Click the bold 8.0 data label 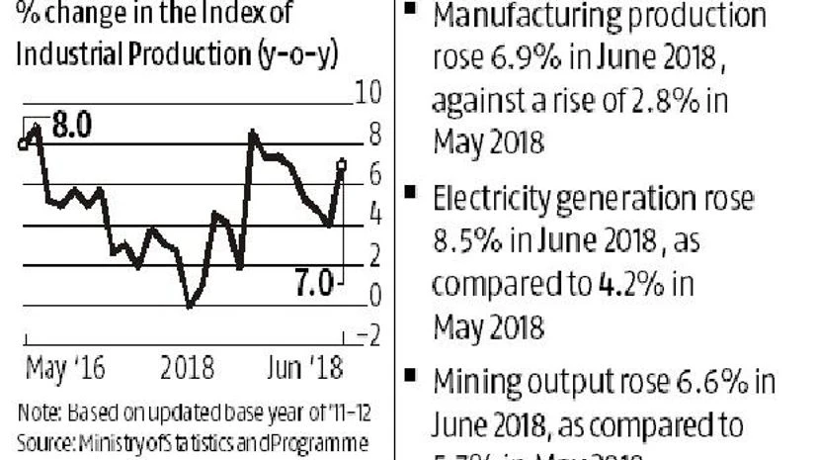pyautogui.click(x=71, y=127)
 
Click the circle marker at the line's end pyautogui.click(x=342, y=164)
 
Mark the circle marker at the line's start pyautogui.click(x=23, y=144)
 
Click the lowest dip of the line pyautogui.click(x=190, y=306)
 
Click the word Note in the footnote pyautogui.click(x=36, y=413)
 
